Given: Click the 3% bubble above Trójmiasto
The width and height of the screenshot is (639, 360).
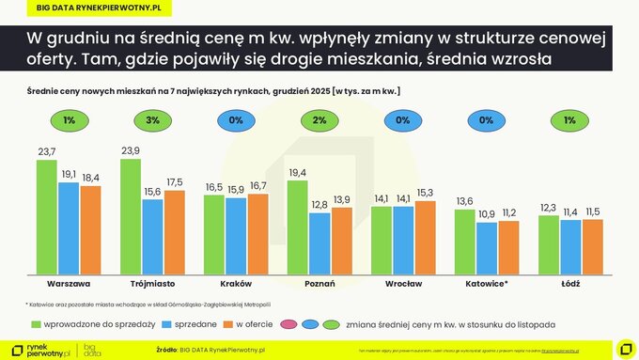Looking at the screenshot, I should [151, 120].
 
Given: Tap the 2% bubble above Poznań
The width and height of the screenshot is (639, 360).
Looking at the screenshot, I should [319, 120].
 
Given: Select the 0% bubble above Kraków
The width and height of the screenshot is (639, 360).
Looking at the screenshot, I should [235, 120].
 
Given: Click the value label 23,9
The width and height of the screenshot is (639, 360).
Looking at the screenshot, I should [131, 150].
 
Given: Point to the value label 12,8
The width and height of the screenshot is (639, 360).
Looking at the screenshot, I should [319, 205].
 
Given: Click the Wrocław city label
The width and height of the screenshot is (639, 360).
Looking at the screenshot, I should [403, 282].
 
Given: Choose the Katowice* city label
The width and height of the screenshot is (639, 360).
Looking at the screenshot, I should [487, 282].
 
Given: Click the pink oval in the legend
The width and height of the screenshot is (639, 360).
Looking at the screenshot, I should [287, 324].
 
